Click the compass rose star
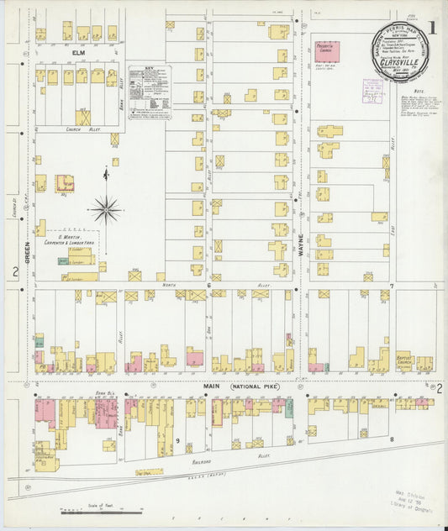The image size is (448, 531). [x=105, y=209]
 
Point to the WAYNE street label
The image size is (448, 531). [x=298, y=227]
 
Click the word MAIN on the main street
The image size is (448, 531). [x=210, y=388]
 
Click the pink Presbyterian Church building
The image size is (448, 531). [x=326, y=50]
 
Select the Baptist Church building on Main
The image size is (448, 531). [x=403, y=361]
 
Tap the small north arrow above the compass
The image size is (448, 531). [x=105, y=175]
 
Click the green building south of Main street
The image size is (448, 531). [x=289, y=409]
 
